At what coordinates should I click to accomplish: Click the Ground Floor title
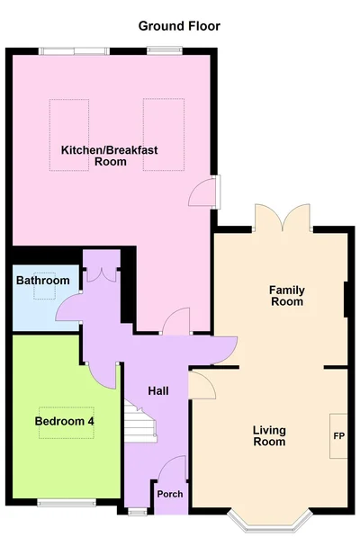(x=179, y=26)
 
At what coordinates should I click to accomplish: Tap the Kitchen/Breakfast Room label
(x=110, y=156)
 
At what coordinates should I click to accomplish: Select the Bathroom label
(x=43, y=281)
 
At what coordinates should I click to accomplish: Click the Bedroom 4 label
(x=65, y=421)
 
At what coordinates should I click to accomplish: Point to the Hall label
(x=158, y=390)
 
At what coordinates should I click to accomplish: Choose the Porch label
(x=170, y=494)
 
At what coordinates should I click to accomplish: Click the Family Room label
(x=287, y=296)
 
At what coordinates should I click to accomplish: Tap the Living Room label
(x=269, y=435)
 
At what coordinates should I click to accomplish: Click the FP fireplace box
(x=338, y=436)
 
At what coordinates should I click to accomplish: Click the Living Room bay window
(x=270, y=521)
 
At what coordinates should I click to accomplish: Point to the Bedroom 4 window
(x=67, y=503)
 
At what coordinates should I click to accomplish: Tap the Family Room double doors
(x=283, y=217)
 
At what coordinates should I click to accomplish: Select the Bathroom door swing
(x=67, y=307)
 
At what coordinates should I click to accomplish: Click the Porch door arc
(x=171, y=468)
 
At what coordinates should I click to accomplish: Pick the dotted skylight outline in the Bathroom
(x=44, y=286)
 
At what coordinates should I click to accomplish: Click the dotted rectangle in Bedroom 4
(x=67, y=423)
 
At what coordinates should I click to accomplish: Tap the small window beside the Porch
(x=138, y=512)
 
